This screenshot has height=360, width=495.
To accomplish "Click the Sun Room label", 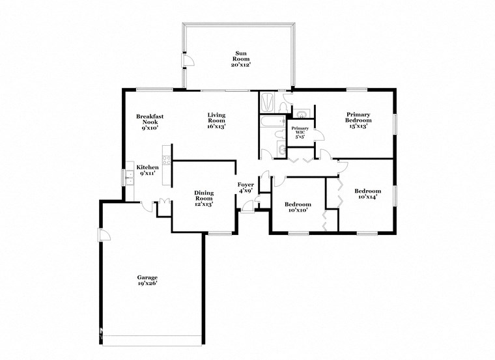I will [x=240, y=59].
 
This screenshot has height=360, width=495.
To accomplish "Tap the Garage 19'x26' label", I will [x=147, y=281].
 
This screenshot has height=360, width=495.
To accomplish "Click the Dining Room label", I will [x=204, y=198].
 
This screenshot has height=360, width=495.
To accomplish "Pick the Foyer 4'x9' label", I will [x=246, y=188].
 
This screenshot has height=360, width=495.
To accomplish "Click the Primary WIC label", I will [x=300, y=132].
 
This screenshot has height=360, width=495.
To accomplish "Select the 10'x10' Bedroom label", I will [x=296, y=207].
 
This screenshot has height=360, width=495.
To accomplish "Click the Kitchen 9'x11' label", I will [x=147, y=171].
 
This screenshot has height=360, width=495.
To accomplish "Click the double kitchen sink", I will [x=128, y=178].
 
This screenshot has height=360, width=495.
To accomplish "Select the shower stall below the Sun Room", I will [x=268, y=102].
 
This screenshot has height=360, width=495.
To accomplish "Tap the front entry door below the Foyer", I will [x=248, y=207].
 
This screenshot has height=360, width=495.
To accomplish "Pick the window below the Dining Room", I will [x=220, y=233].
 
